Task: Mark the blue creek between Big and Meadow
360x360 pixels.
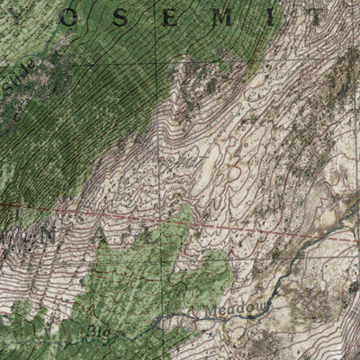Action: coord(166,319)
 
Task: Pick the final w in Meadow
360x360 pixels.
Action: coord(262,309)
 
